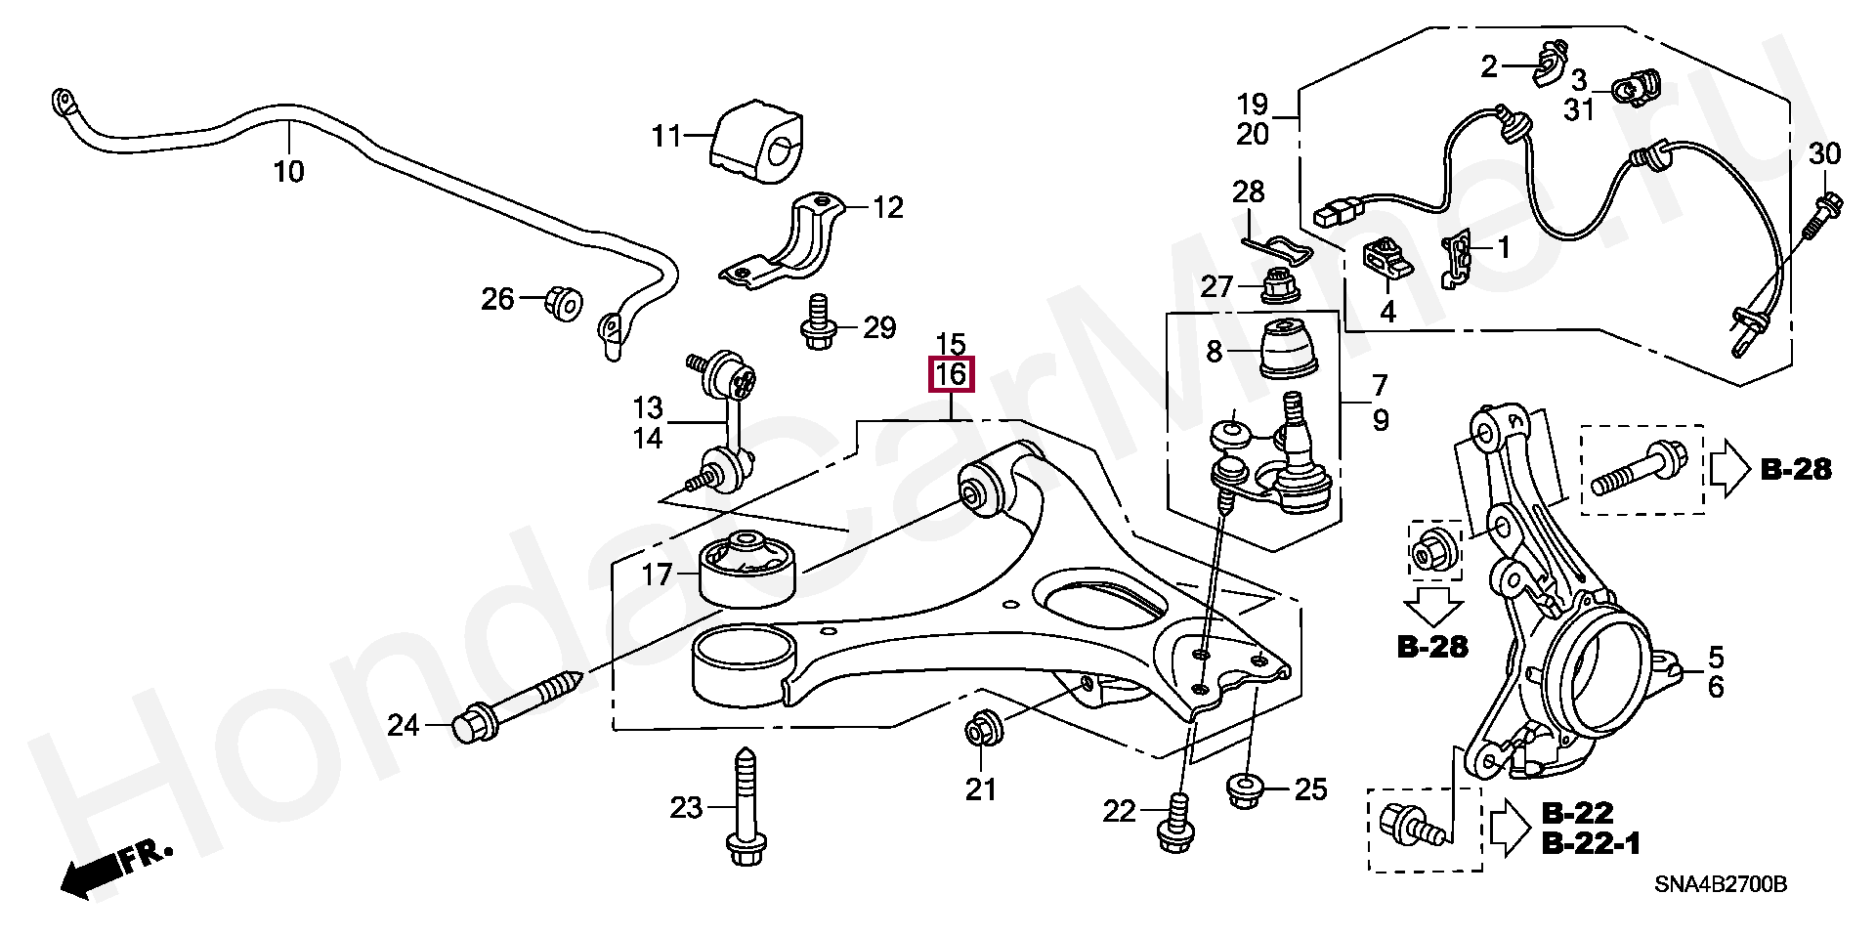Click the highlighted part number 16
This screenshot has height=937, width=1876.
[x=952, y=374]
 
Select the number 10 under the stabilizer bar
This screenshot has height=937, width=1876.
[x=289, y=173]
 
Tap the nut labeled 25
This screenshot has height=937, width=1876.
[x=1244, y=788]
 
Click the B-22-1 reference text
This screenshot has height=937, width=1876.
[x=1591, y=843]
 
